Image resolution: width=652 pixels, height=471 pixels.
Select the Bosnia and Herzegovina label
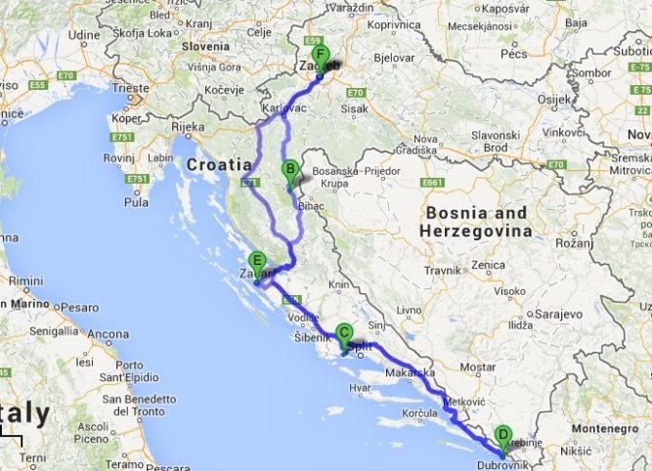474,222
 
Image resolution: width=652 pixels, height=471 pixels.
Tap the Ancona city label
108,334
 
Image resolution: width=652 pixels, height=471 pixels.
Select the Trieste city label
130,87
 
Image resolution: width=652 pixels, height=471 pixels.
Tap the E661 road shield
434,184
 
